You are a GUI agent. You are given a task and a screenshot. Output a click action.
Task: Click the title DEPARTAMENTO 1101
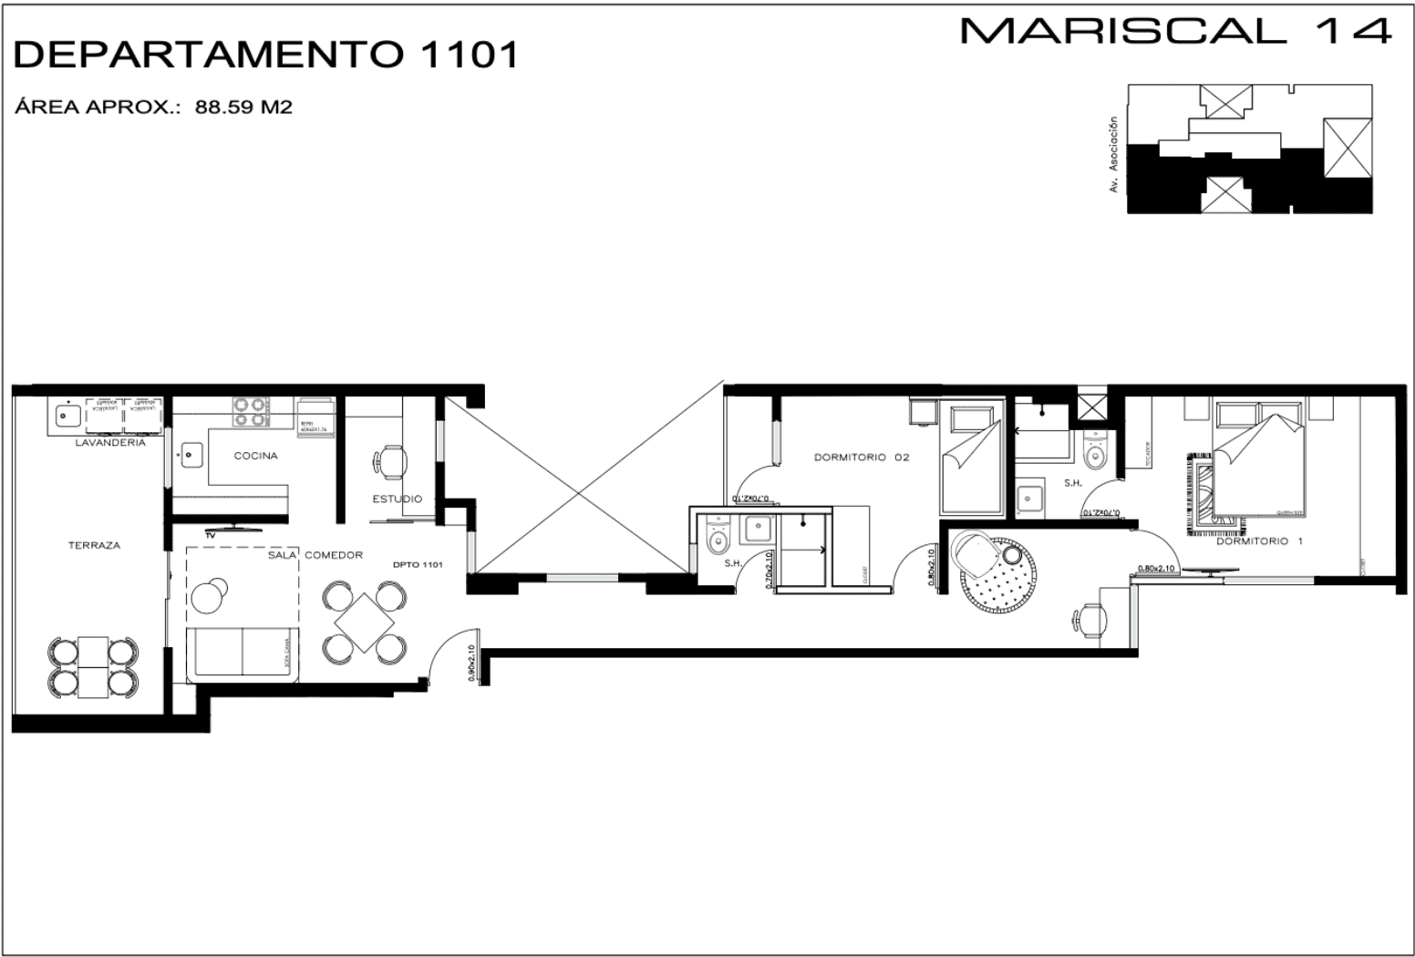265,55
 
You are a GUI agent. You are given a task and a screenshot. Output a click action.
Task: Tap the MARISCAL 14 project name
1175,31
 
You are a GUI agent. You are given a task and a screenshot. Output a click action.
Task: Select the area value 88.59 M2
243,108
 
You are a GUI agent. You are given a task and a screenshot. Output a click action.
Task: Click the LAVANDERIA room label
110,443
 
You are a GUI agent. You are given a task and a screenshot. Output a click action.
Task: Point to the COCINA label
255,456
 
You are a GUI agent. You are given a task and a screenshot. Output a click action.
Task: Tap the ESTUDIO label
397,499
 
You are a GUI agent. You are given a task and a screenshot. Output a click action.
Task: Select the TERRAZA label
93,545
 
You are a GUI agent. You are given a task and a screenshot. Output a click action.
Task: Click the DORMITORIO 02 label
861,458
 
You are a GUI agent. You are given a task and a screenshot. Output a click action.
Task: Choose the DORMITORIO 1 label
1259,541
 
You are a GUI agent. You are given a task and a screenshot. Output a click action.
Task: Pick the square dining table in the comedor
365,623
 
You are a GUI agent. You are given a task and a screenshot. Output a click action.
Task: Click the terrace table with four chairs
93,667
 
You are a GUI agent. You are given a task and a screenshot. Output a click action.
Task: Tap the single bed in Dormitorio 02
973,460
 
